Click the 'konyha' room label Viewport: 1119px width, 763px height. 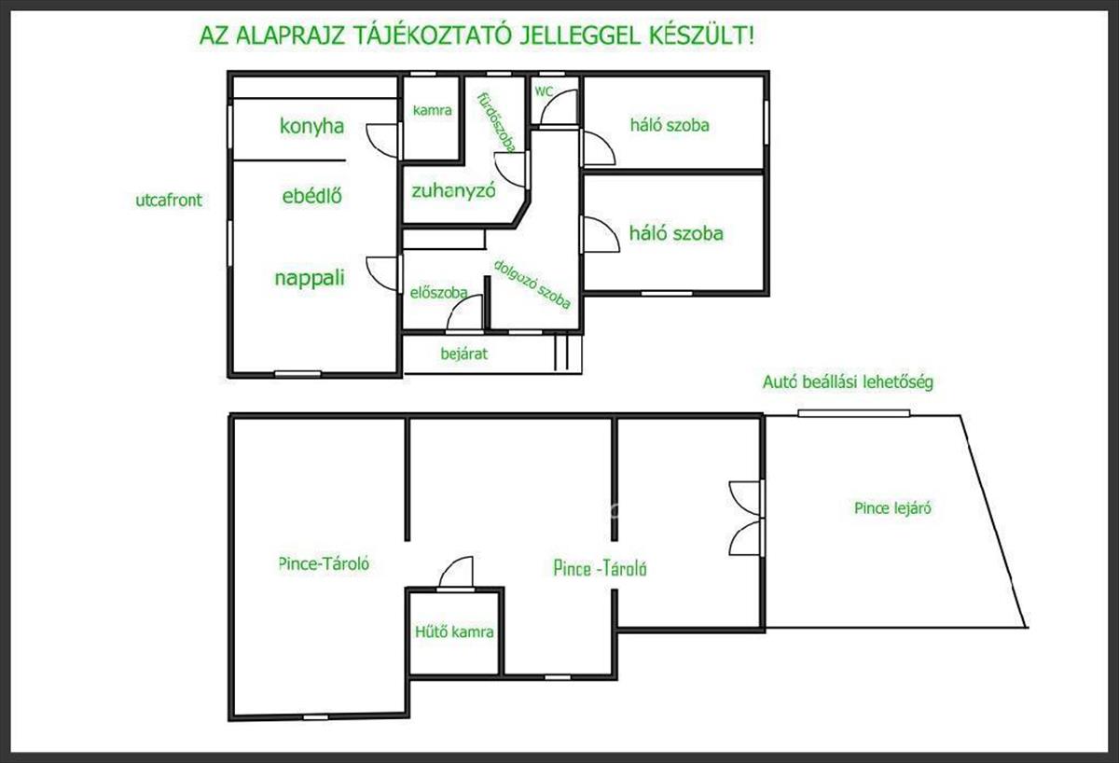(x=311, y=127)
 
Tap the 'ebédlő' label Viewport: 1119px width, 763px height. (x=312, y=195)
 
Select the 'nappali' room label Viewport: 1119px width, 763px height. (x=310, y=278)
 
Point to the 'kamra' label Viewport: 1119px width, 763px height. (x=432, y=110)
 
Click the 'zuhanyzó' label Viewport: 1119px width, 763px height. (x=453, y=191)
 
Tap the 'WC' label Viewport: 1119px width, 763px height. (x=544, y=91)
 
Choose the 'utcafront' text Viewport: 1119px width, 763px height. (x=169, y=200)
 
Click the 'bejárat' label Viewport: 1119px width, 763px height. (x=464, y=354)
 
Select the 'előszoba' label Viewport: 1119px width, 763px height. (x=439, y=292)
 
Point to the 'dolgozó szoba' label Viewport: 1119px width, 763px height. (x=532, y=284)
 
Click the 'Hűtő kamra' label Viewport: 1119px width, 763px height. (x=454, y=631)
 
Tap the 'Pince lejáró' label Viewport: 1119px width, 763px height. (x=892, y=508)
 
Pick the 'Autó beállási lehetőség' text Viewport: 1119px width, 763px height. (x=848, y=382)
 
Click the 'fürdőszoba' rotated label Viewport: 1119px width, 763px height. (x=496, y=122)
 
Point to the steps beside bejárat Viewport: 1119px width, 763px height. (x=561, y=353)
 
